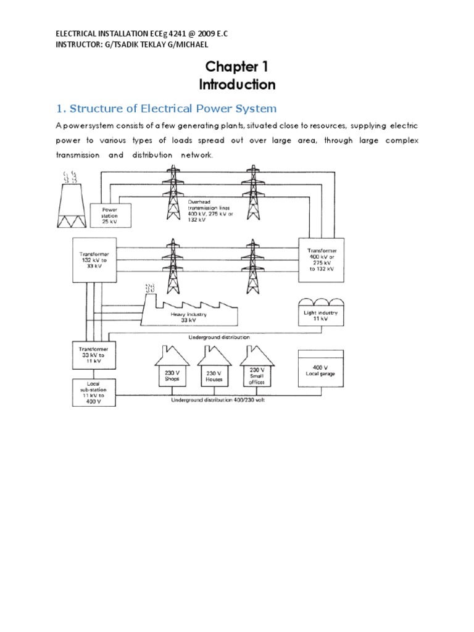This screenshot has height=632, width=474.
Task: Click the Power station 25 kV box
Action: pyautogui.click(x=109, y=215)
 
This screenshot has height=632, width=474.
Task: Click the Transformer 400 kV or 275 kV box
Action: pyautogui.click(x=322, y=259)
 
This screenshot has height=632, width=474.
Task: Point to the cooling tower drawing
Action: pyautogui.click(x=72, y=204)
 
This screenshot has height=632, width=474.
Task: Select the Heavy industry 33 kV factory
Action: pyautogui.click(x=188, y=311)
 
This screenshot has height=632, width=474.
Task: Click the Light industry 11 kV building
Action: pyautogui.click(x=322, y=314)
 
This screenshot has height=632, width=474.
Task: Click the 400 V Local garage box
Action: pyautogui.click(x=320, y=370)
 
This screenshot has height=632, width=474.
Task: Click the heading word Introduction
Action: pyautogui.click(x=237, y=84)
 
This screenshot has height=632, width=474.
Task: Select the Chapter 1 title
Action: pyautogui.click(x=237, y=67)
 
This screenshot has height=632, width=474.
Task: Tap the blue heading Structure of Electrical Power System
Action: pyautogui.click(x=166, y=109)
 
